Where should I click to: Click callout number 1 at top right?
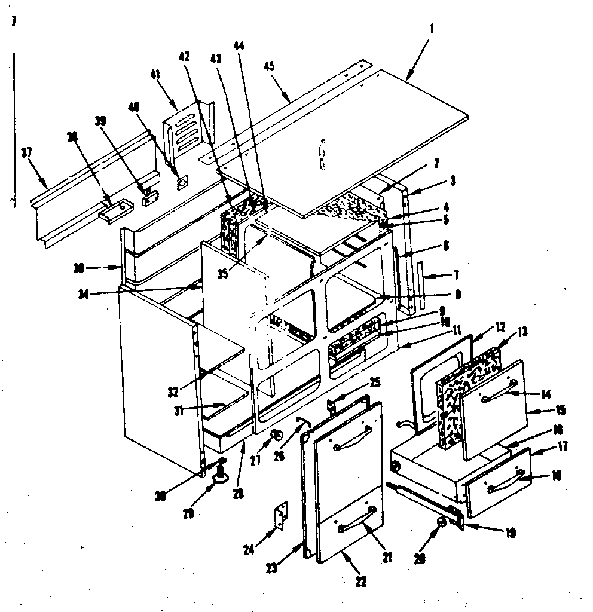[432, 29]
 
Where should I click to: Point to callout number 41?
[155, 74]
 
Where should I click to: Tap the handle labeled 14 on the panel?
[498, 393]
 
